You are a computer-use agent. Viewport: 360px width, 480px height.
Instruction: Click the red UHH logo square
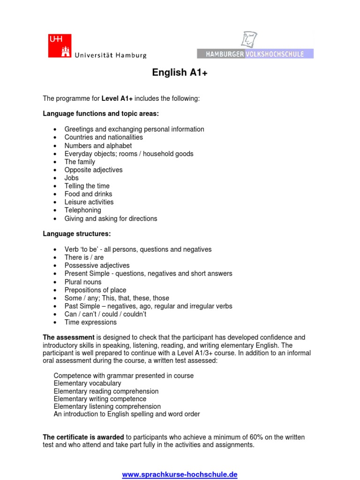pos(60,45)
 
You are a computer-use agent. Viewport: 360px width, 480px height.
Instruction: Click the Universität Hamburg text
pos(111,55)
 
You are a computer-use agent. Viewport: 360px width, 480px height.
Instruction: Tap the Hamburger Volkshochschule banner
pos(255,54)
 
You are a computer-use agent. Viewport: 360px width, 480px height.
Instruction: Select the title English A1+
pos(180,73)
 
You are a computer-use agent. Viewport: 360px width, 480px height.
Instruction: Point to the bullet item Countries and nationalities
pos(104,137)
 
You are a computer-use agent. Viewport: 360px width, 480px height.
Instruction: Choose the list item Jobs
pos(72,178)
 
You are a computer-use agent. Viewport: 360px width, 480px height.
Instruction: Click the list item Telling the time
pos(87,186)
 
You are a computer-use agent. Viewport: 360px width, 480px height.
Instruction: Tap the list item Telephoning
pos(82,210)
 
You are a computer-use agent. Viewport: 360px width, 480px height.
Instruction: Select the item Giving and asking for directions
pos(111,218)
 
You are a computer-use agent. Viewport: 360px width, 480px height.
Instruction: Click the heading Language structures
pos(77,233)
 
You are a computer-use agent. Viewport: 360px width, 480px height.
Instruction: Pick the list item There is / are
pos(84,257)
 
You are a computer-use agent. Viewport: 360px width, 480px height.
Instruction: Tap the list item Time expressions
pos(90,322)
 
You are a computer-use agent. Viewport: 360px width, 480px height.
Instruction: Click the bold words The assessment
pos(68,337)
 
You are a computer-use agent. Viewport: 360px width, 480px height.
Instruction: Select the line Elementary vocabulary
pos(87,383)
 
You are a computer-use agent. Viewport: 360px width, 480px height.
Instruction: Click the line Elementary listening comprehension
pos(107,406)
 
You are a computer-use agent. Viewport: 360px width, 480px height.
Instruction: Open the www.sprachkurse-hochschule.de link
pos(180,474)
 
